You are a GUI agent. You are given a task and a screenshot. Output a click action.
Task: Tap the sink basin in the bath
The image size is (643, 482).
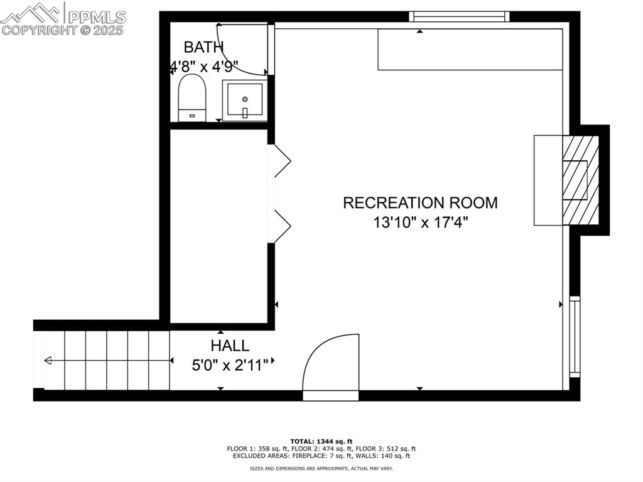tap(244, 101)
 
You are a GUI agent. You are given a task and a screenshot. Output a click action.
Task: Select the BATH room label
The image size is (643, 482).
tap(203, 47)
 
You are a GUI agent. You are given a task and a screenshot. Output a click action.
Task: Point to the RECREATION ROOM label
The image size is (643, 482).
tap(420, 203)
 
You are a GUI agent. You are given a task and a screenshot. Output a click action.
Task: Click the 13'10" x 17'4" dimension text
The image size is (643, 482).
tap(420, 222)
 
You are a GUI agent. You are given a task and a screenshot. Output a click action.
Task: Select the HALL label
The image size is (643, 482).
tap(230, 346)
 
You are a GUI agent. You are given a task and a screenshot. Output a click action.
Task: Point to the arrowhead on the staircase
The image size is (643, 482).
tap(48, 361)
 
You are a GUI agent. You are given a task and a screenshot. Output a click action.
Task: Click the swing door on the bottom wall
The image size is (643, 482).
tap(331, 367)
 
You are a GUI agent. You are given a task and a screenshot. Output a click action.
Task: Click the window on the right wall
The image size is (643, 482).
tap(575, 336)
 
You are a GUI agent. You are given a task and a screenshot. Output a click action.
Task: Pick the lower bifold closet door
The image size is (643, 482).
tap(281, 225)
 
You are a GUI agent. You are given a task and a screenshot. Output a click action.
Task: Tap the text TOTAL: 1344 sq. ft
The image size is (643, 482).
tap(321, 441)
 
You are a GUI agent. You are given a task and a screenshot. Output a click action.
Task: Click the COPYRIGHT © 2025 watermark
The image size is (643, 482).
tap(63, 30)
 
